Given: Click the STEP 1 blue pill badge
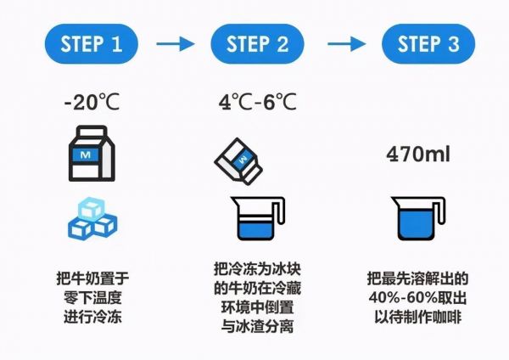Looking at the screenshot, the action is [92, 44].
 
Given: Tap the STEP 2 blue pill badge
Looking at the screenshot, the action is [257, 44].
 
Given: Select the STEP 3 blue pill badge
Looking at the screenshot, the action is [428, 44].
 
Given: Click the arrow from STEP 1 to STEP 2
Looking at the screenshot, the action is [176, 44].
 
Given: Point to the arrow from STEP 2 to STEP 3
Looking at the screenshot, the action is [346, 44].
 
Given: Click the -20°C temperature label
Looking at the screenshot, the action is [92, 102].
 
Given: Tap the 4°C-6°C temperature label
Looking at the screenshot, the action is [257, 102].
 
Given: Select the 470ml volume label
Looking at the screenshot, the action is [418, 154].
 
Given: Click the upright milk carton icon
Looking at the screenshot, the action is [92, 154].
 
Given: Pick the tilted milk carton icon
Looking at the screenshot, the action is [238, 161].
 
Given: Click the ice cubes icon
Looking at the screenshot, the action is [92, 217].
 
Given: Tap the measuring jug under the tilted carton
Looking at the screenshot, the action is [257, 218].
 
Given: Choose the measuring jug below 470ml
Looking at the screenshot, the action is [418, 218].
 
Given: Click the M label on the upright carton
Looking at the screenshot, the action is [85, 155].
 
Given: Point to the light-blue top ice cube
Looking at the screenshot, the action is [92, 208].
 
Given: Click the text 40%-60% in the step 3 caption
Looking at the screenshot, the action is [401, 298].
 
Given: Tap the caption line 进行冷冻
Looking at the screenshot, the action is [92, 317].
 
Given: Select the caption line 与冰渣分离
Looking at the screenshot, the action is [257, 327].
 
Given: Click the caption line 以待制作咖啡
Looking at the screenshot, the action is [418, 317].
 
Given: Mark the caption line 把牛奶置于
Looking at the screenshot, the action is [92, 278].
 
